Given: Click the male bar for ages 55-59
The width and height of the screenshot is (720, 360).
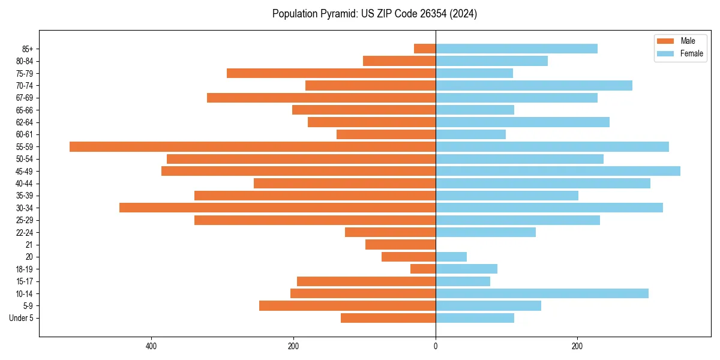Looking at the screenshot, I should pyautogui.click(x=253, y=146).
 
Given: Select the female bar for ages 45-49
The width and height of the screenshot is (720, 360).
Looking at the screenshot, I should pyautogui.click(x=558, y=171).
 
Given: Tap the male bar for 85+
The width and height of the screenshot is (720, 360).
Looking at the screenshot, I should pyautogui.click(x=425, y=49).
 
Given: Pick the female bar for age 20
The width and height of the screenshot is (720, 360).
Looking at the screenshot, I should pyautogui.click(x=451, y=257).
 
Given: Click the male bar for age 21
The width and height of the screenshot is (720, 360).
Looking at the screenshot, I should pyautogui.click(x=400, y=245).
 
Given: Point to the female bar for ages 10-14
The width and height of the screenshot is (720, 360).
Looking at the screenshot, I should pyautogui.click(x=542, y=293).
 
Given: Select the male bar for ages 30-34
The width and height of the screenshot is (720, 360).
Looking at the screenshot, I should pyautogui.click(x=277, y=208).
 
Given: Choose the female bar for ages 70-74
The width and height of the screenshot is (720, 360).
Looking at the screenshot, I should pyautogui.click(x=534, y=85).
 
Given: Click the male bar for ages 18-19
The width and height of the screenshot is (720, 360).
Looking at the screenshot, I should pyautogui.click(x=423, y=269).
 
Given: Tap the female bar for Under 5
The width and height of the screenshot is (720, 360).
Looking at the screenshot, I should pyautogui.click(x=475, y=318).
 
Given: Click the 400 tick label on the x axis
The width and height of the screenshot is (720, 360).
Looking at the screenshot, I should pyautogui.click(x=151, y=347).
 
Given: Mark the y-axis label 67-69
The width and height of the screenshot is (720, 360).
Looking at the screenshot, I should pyautogui.click(x=25, y=98).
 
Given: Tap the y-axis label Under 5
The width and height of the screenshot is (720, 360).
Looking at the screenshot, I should pyautogui.click(x=21, y=318).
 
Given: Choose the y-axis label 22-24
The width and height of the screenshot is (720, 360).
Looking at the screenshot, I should pyautogui.click(x=25, y=232).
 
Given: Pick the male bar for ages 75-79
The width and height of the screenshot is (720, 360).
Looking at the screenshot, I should pyautogui.click(x=331, y=73).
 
